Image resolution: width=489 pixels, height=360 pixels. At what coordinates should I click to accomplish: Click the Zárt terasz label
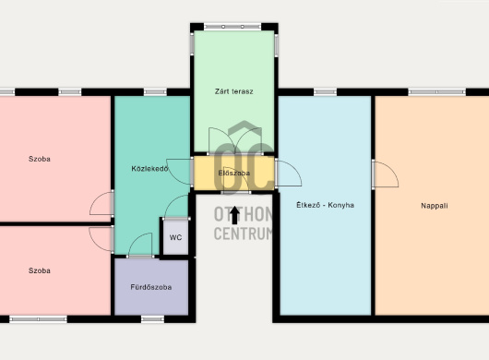(234, 91)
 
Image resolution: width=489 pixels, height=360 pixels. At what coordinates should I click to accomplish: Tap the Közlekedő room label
(150, 169)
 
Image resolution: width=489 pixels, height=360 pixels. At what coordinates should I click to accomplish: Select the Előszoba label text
(234, 174)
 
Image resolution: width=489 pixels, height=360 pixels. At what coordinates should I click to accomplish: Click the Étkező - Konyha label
(325, 205)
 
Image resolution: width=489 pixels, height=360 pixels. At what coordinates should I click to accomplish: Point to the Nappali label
(435, 206)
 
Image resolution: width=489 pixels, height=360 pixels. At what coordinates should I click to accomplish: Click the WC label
(175, 237)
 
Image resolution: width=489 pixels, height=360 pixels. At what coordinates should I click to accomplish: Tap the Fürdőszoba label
(151, 287)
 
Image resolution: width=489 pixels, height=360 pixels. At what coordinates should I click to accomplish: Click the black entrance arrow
(234, 216)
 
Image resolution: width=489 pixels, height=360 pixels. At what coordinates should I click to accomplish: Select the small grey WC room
(176, 237)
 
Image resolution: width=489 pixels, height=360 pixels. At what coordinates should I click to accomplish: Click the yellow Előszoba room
(234, 174)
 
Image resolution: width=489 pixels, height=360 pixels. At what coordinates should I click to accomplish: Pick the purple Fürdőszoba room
(151, 287)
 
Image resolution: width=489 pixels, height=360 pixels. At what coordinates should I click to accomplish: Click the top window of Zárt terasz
(233, 27)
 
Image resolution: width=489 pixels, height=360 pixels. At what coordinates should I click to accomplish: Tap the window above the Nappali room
(436, 92)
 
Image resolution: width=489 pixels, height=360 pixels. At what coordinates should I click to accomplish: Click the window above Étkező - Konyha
(326, 92)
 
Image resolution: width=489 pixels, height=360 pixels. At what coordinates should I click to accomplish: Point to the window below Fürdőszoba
(152, 319)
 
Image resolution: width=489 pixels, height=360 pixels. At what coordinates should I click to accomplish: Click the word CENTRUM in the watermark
(243, 234)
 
